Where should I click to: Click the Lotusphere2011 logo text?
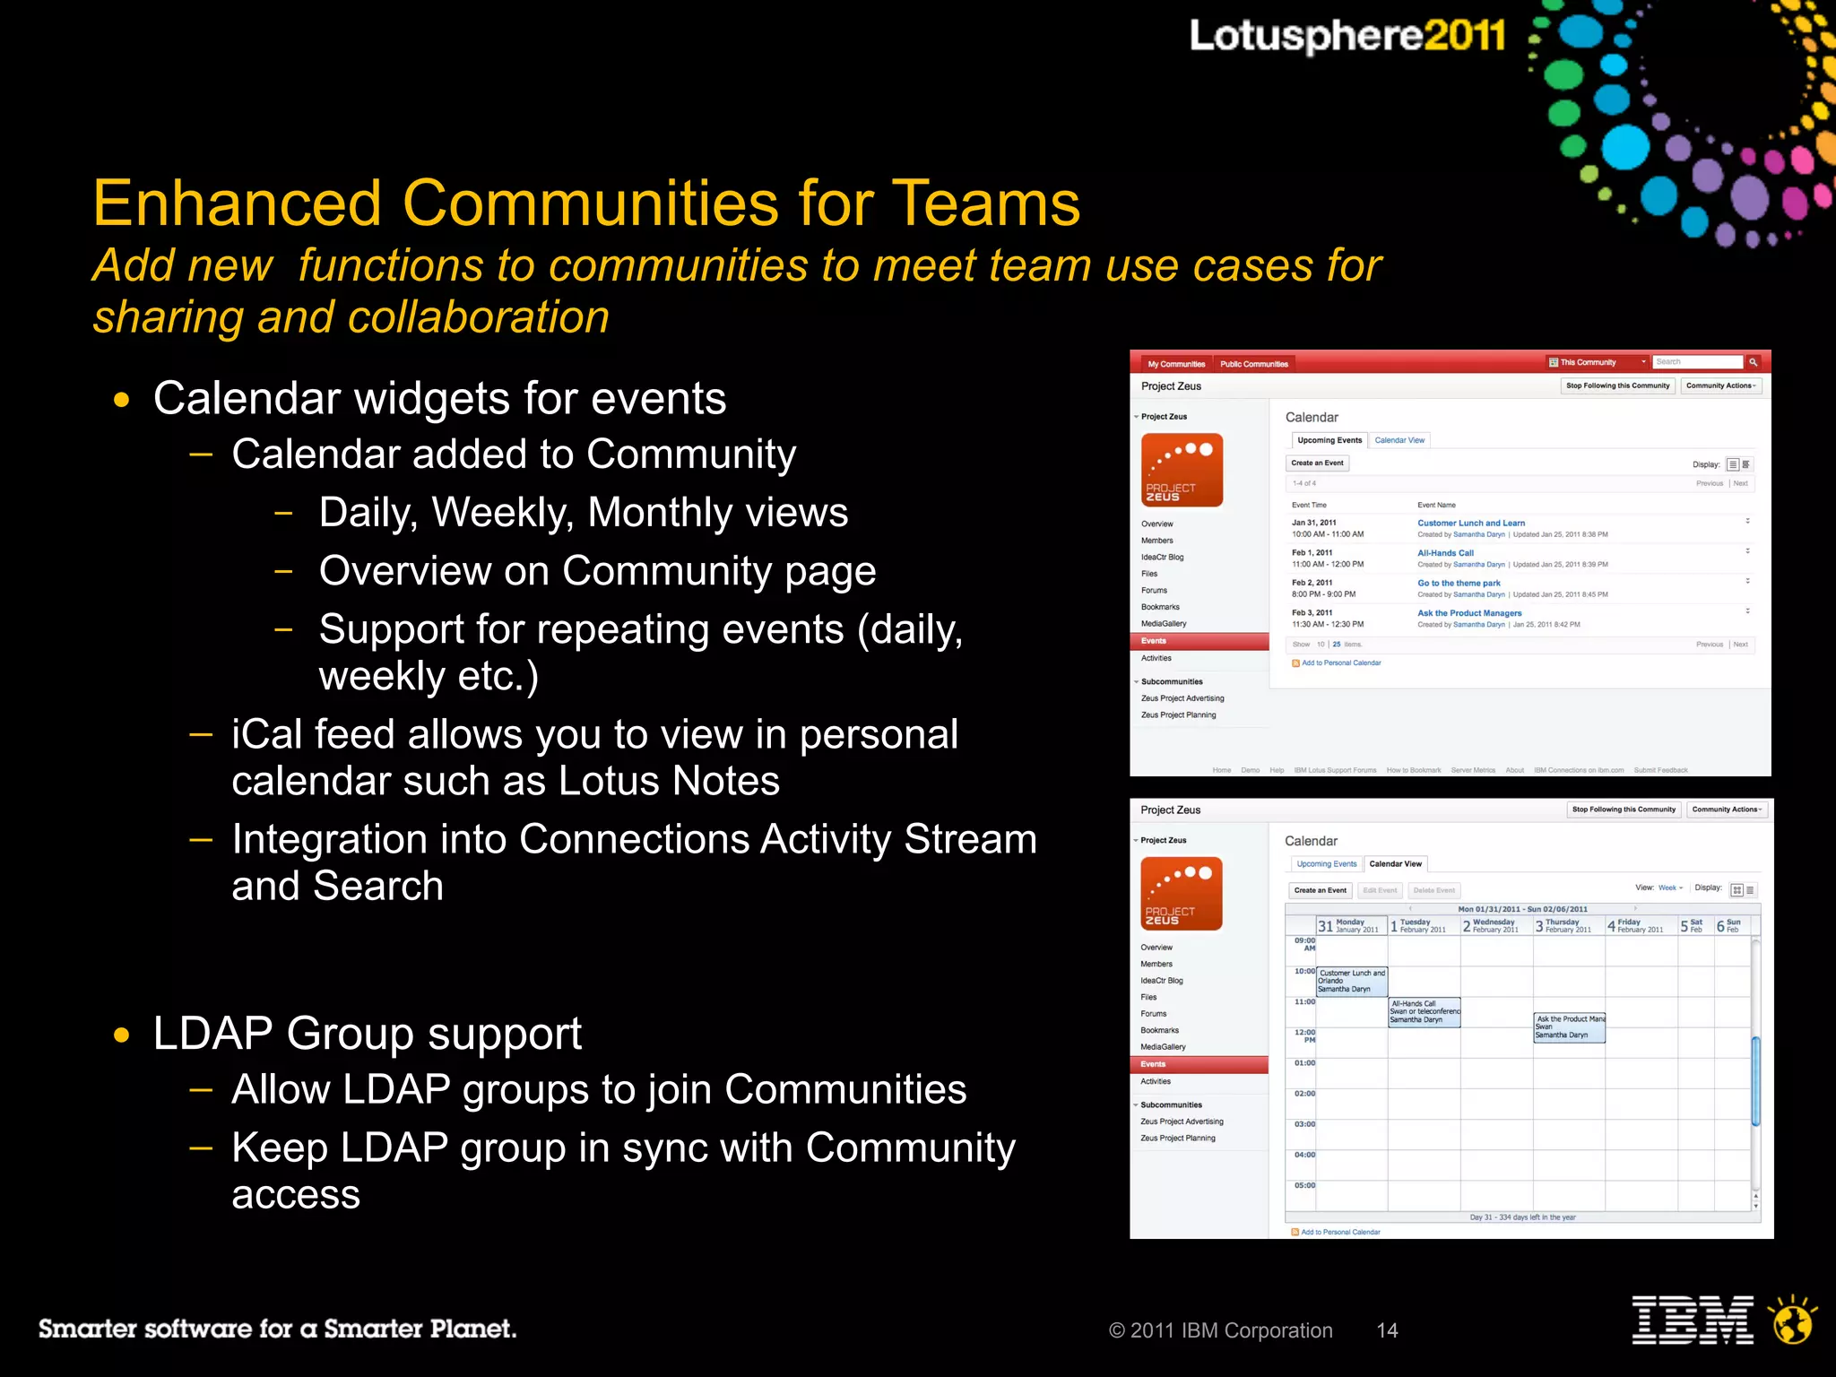1347,37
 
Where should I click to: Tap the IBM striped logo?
1692,1321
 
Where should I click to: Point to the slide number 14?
1387,1330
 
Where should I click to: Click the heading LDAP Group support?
368,1034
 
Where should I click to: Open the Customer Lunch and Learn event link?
1470,523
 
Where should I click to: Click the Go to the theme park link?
1459,583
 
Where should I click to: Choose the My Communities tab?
1176,364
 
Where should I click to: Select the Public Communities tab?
1253,364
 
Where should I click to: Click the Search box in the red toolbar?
1696,362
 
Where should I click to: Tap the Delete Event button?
1433,890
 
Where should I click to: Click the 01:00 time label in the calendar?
1304,1063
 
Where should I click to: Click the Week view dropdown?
1670,888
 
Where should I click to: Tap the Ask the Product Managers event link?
1469,613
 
